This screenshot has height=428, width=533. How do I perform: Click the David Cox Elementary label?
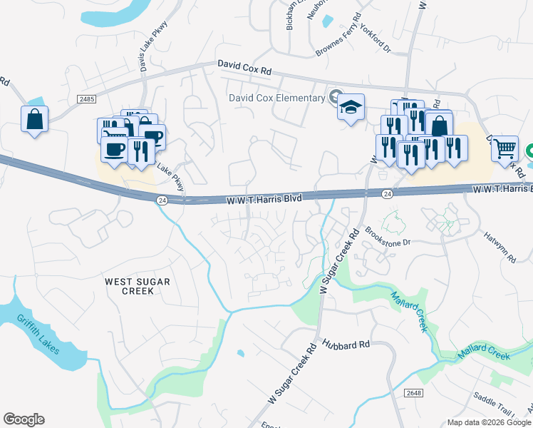tap(276, 98)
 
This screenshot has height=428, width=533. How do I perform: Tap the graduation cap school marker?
tap(351, 108)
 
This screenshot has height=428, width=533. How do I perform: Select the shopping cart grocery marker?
tap(504, 149)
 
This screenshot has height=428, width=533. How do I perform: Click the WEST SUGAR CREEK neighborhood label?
tap(138, 286)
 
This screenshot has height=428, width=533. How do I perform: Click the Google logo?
tap(24, 419)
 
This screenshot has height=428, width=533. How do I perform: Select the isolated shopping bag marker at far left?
tap(34, 120)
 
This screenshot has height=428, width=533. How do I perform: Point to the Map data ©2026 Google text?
tap(488, 422)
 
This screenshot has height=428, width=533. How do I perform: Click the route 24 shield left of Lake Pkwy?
tap(161, 200)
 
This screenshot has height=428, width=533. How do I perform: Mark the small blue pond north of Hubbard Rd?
tap(241, 353)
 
